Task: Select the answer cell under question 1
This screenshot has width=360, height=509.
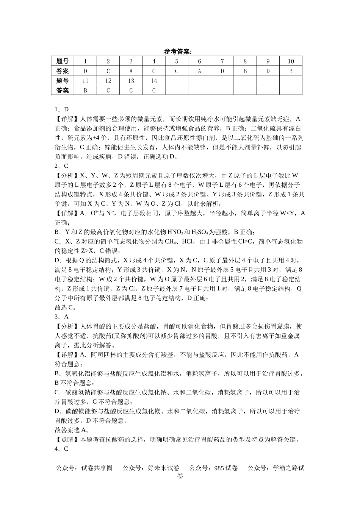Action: point(85,71)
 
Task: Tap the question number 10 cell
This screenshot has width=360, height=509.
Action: point(291,61)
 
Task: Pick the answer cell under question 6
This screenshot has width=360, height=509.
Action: point(199,71)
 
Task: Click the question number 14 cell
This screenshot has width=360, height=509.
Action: point(154,81)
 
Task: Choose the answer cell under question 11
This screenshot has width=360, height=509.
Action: point(85,90)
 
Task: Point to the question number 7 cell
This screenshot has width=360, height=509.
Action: point(222,61)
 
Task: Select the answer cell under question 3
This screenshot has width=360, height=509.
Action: point(131,71)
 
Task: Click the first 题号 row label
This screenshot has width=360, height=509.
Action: point(63,61)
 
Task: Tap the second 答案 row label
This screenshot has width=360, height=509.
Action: point(63,90)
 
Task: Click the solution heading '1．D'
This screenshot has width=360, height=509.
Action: point(61,109)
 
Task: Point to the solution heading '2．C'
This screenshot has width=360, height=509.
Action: point(61,166)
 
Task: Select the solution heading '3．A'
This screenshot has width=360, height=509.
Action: point(61,317)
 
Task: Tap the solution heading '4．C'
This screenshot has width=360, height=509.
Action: point(61,449)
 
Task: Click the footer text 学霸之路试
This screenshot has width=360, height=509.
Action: point(289,468)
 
